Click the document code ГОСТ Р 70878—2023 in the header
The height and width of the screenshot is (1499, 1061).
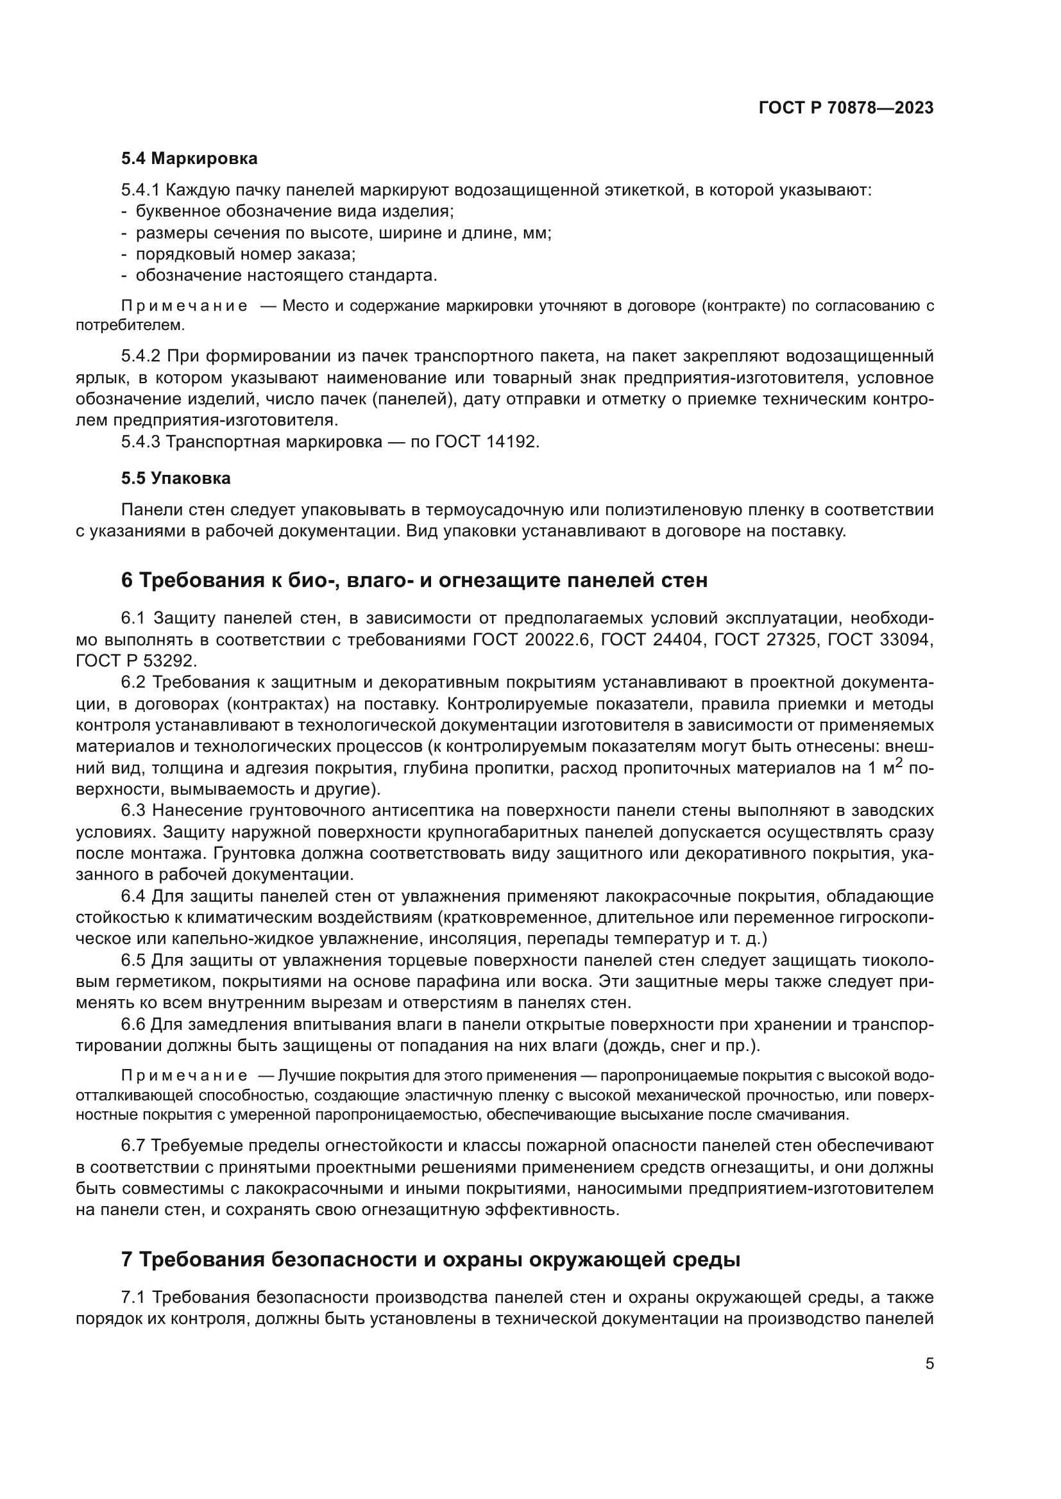pos(846,108)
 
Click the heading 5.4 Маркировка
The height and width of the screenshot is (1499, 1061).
pos(189,159)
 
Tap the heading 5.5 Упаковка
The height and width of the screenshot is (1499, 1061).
pos(176,479)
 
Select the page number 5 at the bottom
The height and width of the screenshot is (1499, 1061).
pos(929,1364)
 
